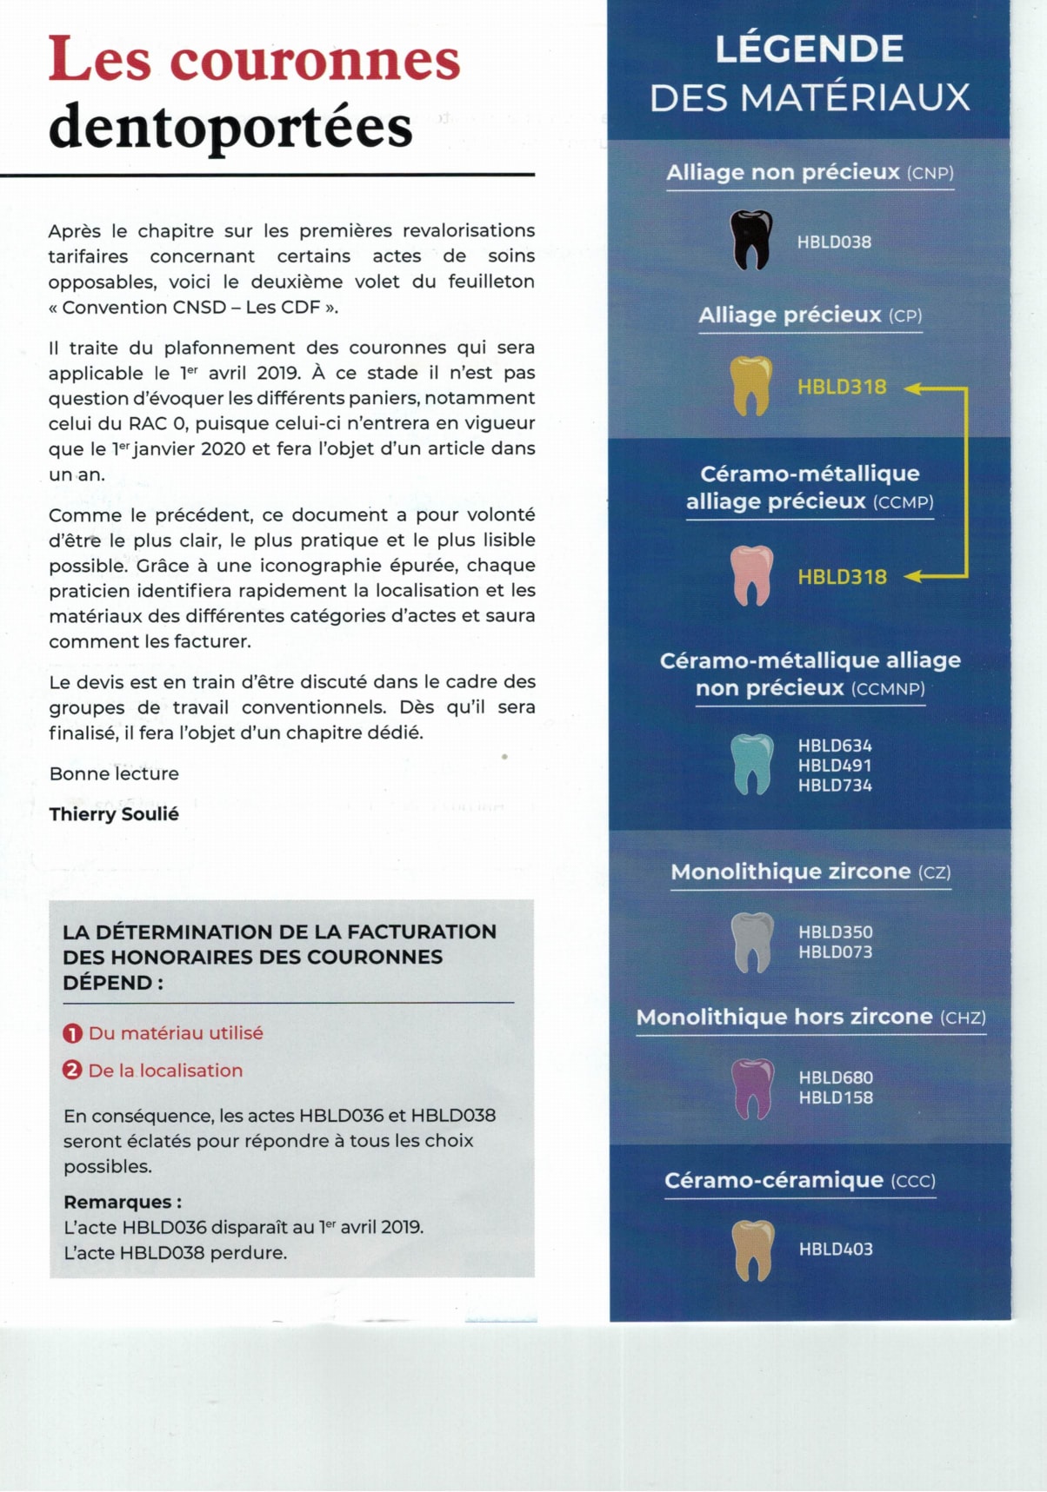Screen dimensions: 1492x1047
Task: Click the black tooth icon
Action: click(x=751, y=240)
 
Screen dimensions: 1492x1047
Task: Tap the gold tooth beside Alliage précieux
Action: click(x=751, y=385)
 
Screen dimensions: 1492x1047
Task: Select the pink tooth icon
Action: click(x=752, y=575)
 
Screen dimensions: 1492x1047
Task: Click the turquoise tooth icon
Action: click(x=752, y=764)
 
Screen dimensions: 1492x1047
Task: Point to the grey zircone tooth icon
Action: click(x=752, y=942)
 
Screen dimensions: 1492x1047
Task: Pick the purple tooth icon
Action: click(x=752, y=1088)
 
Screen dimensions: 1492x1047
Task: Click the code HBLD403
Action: click(x=836, y=1250)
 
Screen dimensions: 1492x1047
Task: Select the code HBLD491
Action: click(x=835, y=766)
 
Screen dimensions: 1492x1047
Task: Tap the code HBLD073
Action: click(x=836, y=952)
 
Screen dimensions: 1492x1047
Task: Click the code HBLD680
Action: click(x=836, y=1078)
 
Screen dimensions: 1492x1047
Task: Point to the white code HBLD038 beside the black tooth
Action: click(x=834, y=242)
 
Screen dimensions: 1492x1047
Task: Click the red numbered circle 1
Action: click(x=72, y=1033)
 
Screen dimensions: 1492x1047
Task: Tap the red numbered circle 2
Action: click(x=72, y=1071)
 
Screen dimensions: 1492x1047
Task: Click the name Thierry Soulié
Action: click(x=114, y=814)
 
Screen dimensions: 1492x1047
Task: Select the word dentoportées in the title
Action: click(x=230, y=127)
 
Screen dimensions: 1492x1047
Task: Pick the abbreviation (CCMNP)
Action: click(x=888, y=689)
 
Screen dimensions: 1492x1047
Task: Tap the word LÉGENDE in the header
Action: click(x=810, y=49)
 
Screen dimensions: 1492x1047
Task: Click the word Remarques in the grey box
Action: click(x=117, y=1203)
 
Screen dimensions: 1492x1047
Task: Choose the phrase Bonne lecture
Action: click(x=114, y=774)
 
